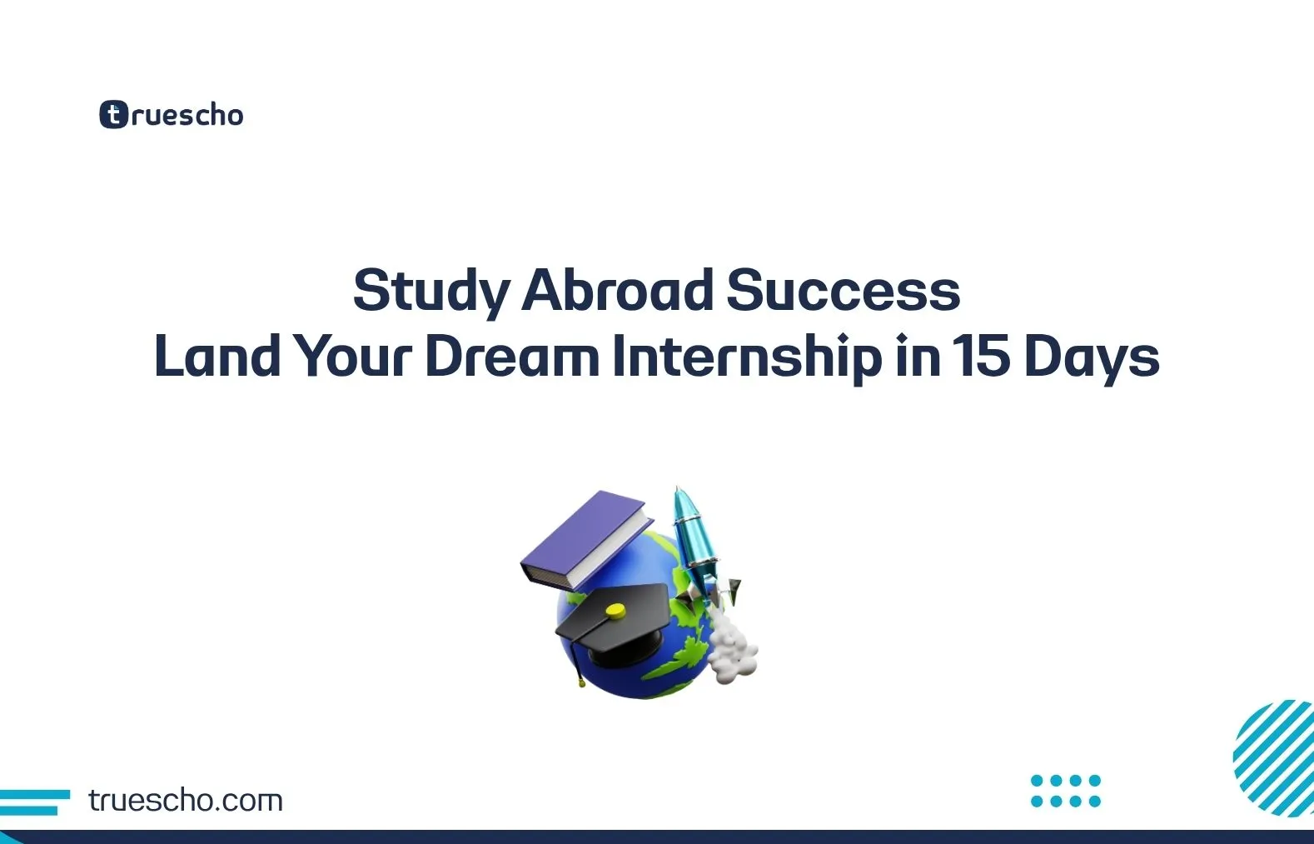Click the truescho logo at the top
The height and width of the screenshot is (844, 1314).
click(x=172, y=115)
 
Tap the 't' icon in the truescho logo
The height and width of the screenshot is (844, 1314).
click(x=113, y=115)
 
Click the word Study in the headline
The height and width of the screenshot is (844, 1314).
click(x=431, y=291)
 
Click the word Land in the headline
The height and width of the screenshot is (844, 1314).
click(x=217, y=357)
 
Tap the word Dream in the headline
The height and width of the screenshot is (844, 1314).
click(x=512, y=357)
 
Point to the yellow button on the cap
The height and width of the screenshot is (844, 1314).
click(x=615, y=611)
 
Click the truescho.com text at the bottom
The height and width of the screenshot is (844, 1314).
click(x=186, y=801)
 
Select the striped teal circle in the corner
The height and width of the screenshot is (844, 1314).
click(x=1275, y=758)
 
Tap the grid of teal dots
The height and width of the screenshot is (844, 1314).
click(x=1066, y=791)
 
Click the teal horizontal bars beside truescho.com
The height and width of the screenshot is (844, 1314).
click(x=33, y=802)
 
